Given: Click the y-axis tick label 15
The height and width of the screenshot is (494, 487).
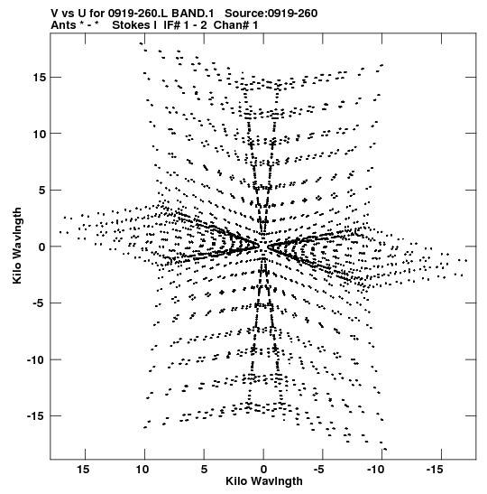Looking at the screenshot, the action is (40, 77).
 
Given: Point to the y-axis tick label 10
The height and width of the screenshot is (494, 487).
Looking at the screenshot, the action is (40, 134).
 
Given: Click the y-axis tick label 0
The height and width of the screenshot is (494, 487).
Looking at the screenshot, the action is (42, 247).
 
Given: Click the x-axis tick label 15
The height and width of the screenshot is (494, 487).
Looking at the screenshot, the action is (83, 470).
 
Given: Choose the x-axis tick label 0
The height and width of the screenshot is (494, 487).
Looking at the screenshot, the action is (263, 470).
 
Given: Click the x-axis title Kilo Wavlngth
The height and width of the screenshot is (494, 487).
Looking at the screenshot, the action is (264, 481).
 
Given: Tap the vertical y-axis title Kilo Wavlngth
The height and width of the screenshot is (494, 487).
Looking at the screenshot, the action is (17, 246).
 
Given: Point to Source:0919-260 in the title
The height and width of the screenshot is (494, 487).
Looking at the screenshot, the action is (271, 14).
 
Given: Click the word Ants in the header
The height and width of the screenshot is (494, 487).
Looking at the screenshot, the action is (63, 25).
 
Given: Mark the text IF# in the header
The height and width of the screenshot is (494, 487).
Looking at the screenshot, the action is (172, 25).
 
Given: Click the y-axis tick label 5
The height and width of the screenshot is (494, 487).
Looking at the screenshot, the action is (42, 190).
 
